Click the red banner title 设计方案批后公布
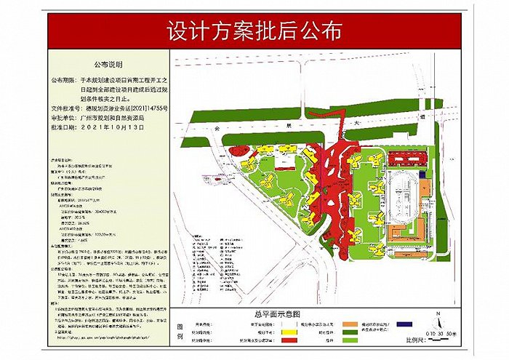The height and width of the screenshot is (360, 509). (254, 32)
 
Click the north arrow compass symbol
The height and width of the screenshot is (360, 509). (438, 314)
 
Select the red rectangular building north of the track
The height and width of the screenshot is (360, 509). (404, 157)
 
